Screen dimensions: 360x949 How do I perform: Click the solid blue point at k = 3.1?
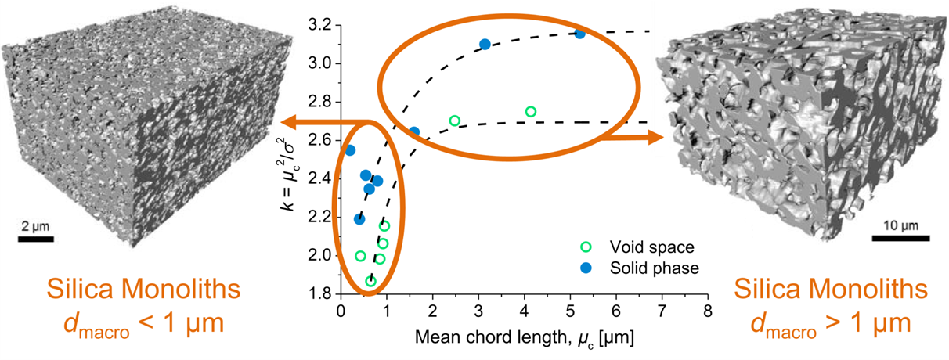485,44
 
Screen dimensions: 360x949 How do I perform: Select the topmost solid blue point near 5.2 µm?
579,34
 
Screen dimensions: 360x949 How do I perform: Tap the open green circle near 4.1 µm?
530,111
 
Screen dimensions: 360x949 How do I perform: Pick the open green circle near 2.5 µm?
455,121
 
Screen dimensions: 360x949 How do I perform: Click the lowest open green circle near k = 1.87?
371,281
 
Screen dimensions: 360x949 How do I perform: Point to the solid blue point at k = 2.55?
350,149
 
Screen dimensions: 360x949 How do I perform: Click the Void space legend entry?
633,248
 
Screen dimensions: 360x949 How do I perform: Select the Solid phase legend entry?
633,268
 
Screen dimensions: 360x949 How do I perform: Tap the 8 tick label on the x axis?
708,309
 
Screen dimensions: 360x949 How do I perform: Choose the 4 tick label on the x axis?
524,309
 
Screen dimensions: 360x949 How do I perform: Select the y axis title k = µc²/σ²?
294,160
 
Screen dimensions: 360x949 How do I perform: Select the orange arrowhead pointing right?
655,138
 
